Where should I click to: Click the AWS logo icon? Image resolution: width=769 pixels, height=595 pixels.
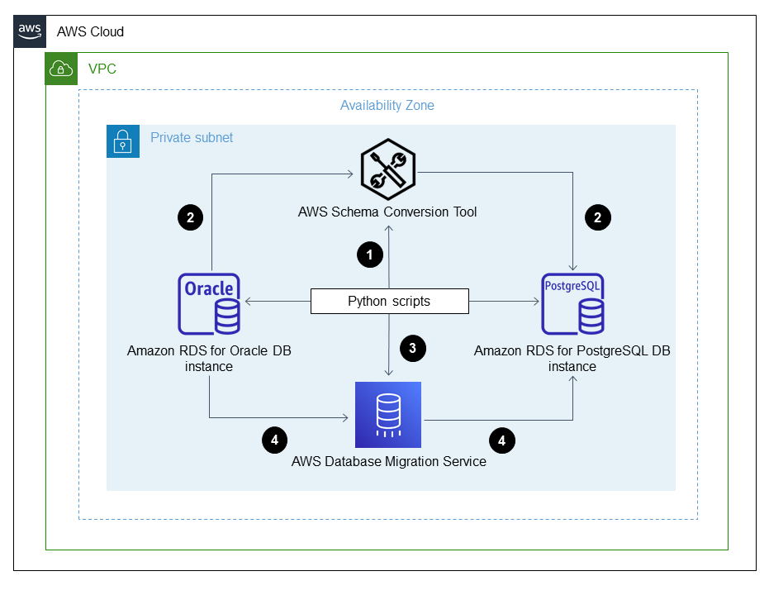coord(30,31)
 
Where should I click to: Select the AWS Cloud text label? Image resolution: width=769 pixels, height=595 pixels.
coord(90,32)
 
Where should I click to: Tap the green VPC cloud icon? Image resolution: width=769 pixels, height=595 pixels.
coord(61,69)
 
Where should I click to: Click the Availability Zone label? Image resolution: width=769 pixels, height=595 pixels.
coord(387,106)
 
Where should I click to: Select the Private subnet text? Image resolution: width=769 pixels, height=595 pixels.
coord(192,137)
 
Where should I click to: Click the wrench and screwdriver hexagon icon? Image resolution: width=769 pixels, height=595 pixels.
coord(387,169)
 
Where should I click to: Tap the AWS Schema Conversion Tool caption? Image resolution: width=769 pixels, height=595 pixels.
coord(387,212)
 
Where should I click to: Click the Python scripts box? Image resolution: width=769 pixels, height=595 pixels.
coord(389,302)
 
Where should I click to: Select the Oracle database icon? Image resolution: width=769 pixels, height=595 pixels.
coord(209,302)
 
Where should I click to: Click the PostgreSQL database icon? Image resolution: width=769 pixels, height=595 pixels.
coord(572,302)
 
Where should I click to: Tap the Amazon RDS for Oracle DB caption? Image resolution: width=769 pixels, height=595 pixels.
coord(209,359)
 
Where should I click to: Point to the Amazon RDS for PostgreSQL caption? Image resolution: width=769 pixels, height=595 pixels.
coord(572,359)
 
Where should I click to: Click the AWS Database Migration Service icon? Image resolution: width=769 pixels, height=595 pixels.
coord(388,414)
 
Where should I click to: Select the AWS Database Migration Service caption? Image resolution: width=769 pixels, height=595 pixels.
coord(388,462)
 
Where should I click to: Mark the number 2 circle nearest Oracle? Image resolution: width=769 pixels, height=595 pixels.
coord(191,218)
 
